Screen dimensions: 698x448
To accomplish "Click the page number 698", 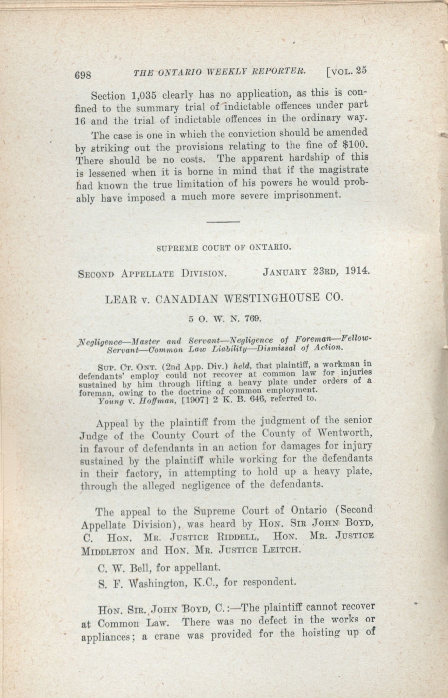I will (83, 75).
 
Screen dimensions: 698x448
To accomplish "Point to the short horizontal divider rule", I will (223, 222).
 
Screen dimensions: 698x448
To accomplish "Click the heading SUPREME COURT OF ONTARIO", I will (224, 248).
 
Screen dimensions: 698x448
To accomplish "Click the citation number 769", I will (252, 319).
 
